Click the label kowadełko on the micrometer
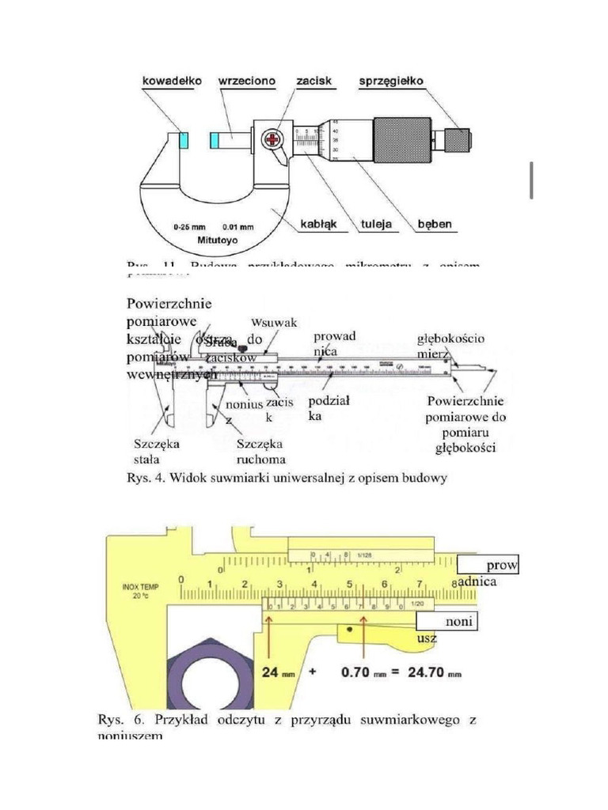tap(173, 81)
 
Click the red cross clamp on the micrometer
tap(273, 141)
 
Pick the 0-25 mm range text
tap(189, 225)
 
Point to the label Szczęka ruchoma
tap(260, 451)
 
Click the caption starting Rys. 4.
tap(287, 478)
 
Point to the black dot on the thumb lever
tap(349, 630)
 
